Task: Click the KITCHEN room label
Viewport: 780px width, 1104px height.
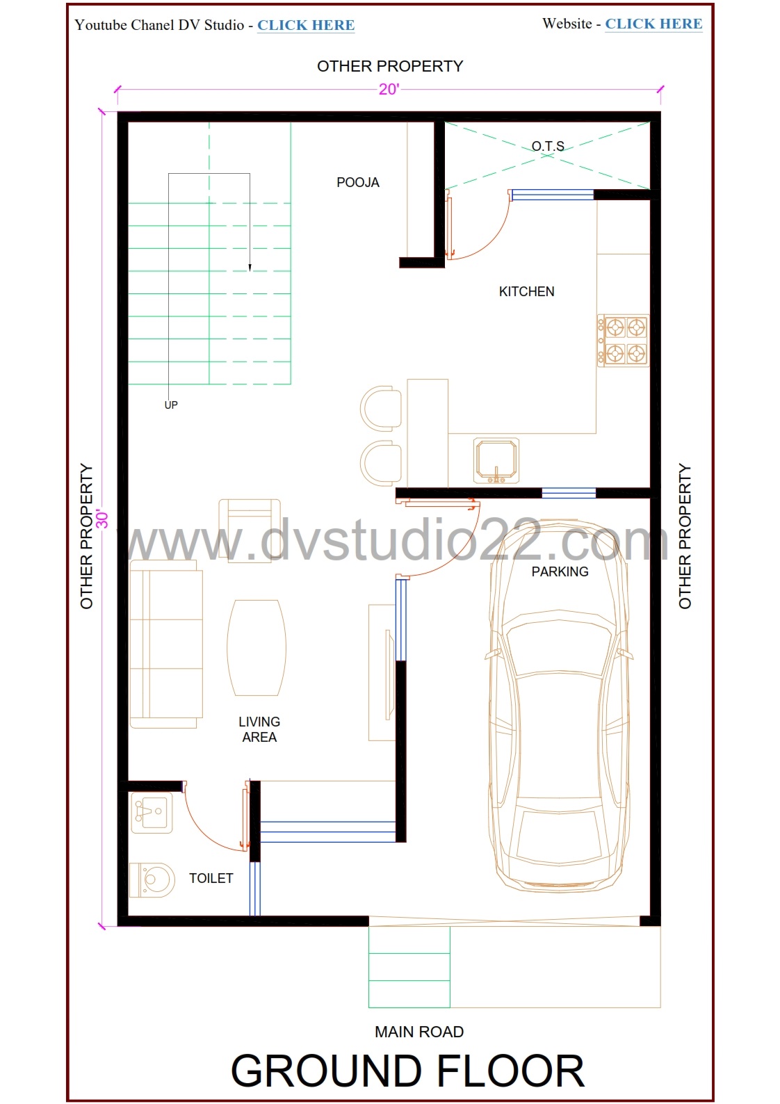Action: click(526, 291)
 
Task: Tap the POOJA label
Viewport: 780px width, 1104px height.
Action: click(358, 182)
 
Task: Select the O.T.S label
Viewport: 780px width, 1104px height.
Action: click(547, 147)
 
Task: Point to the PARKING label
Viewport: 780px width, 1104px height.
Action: click(560, 571)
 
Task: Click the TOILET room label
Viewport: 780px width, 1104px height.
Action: click(211, 878)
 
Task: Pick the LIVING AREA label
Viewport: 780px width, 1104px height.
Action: click(259, 729)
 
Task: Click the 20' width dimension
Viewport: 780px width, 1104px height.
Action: click(389, 89)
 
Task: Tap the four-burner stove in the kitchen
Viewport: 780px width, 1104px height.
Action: click(624, 340)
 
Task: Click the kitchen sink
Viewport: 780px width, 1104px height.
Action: click(496, 461)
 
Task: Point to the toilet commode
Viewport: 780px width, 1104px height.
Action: click(152, 879)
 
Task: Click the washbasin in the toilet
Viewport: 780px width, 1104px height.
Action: click(152, 812)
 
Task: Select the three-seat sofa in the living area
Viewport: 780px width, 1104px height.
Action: click(166, 644)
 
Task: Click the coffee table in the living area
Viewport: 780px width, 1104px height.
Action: click(257, 648)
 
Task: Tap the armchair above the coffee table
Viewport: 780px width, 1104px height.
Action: click(250, 530)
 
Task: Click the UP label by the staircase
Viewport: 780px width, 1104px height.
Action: click(171, 405)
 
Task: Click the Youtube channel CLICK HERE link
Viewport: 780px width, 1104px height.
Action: click(305, 25)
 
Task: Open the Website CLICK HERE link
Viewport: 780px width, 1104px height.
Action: click(653, 24)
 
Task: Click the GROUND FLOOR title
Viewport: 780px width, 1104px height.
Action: click(407, 1071)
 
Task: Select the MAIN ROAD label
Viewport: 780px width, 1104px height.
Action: click(419, 1032)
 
